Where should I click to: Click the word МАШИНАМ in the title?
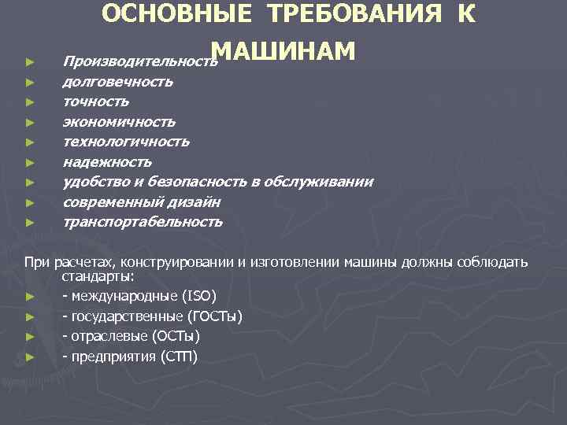pyautogui.click(x=284, y=50)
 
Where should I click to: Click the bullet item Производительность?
pyautogui.click(x=139, y=61)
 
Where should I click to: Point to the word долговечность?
pyautogui.click(x=118, y=81)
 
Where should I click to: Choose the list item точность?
pyautogui.click(x=96, y=102)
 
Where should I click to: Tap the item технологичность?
pyautogui.click(x=126, y=142)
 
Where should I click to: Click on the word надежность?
pyautogui.click(x=107, y=162)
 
